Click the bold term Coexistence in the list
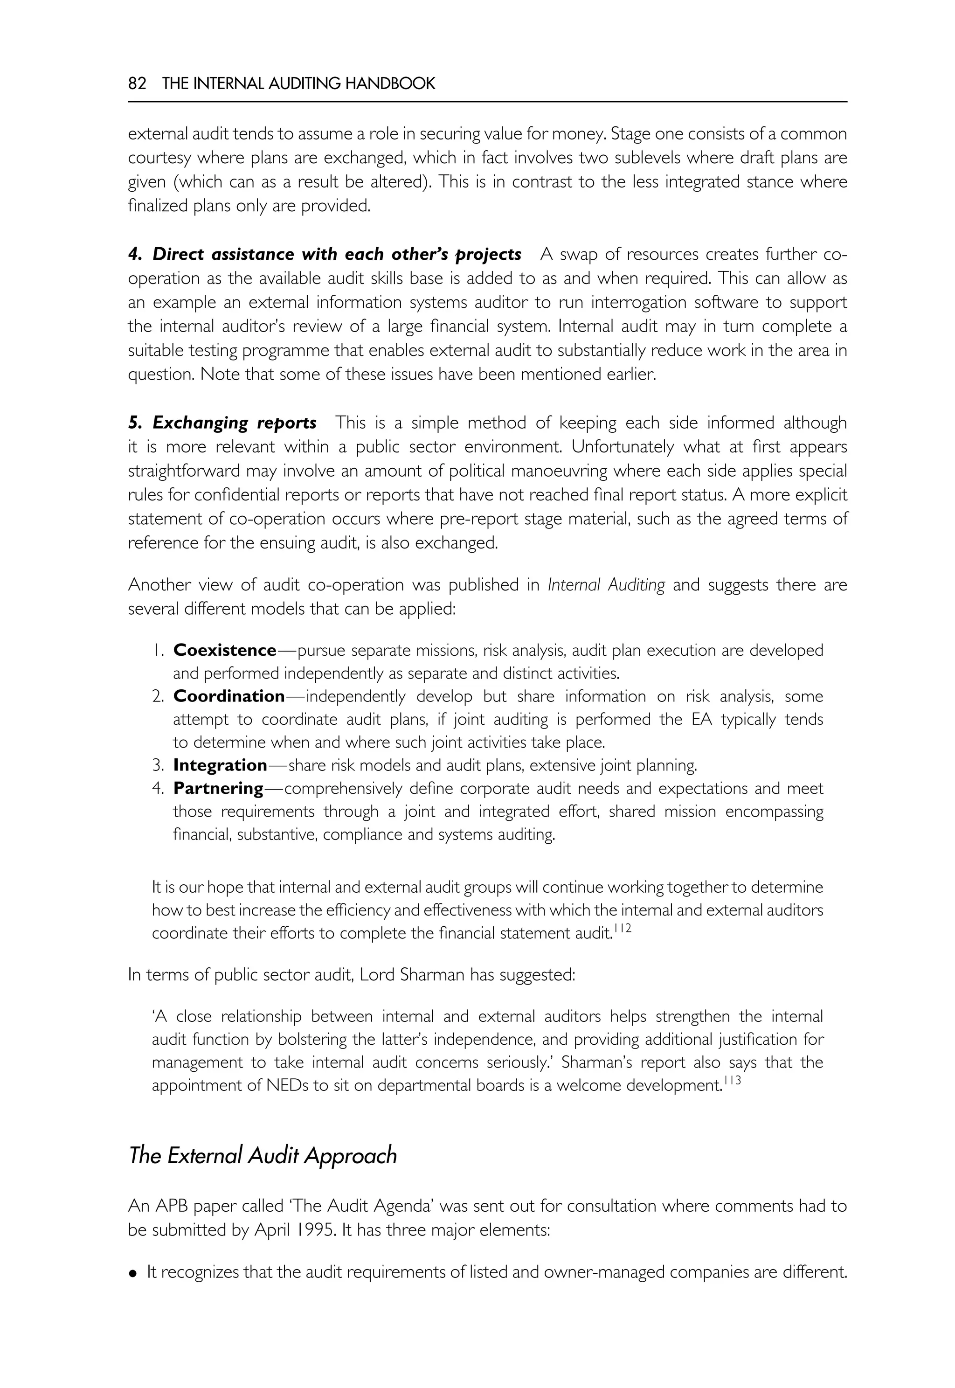tap(225, 650)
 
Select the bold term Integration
tap(220, 765)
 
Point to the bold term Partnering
tap(218, 788)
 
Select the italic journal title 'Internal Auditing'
tap(606, 585)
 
